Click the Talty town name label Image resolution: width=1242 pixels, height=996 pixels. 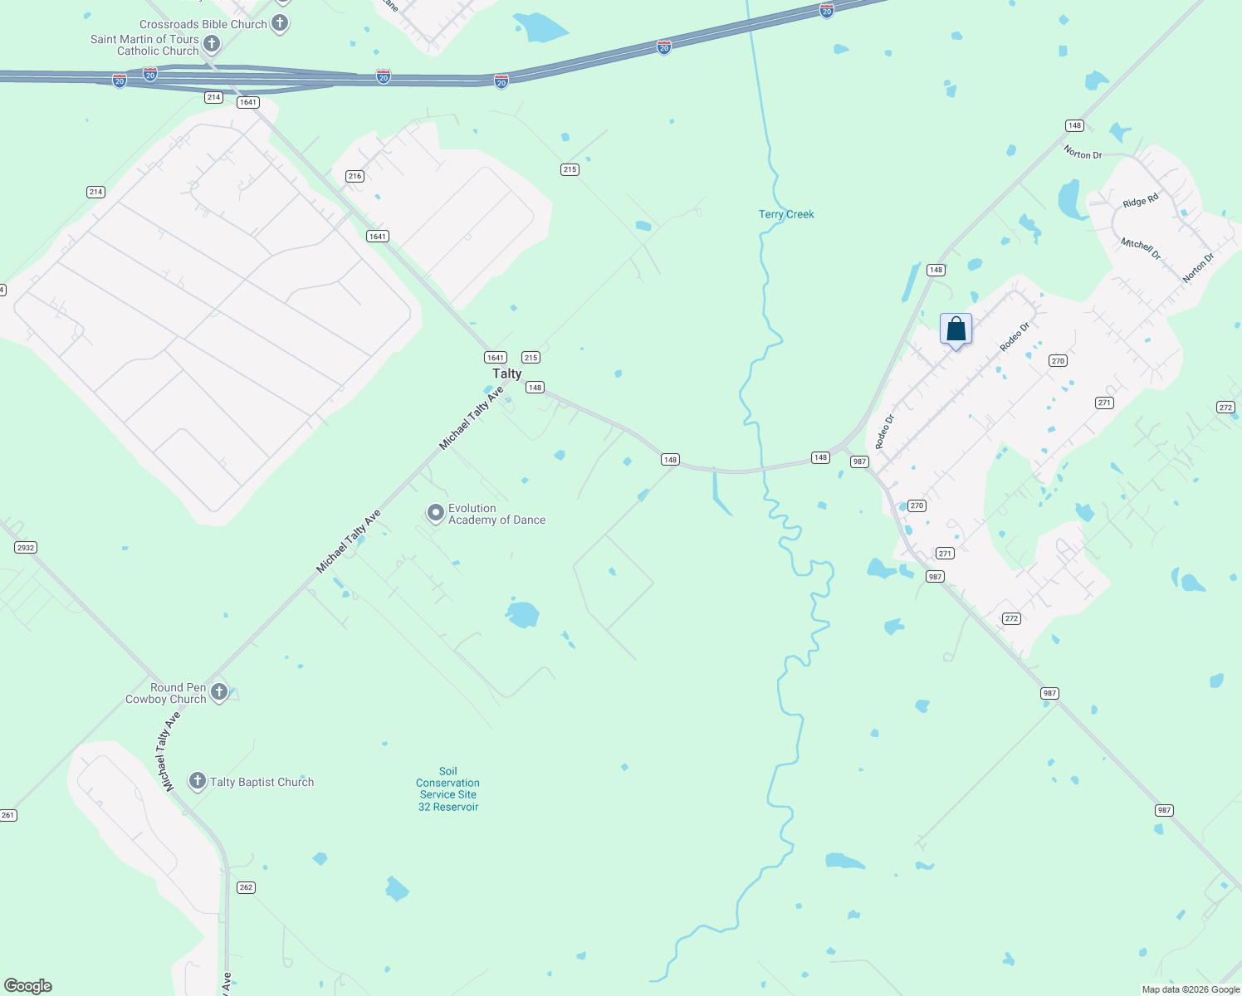pyautogui.click(x=507, y=373)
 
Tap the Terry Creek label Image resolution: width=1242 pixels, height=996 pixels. pyautogui.click(x=786, y=214)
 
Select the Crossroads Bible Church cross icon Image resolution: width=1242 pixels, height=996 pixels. pyautogui.click(x=280, y=23)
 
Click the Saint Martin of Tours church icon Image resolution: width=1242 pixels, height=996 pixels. pyautogui.click(x=212, y=44)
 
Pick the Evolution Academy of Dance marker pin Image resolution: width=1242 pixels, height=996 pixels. pyautogui.click(x=435, y=513)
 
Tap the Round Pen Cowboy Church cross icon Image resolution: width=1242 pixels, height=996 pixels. pyautogui.click(x=219, y=691)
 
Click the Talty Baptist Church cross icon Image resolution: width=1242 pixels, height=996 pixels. pyautogui.click(x=197, y=781)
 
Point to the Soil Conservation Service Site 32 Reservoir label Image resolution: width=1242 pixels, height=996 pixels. pyautogui.click(x=448, y=788)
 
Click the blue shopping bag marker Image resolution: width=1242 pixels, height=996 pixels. pyautogui.click(x=956, y=329)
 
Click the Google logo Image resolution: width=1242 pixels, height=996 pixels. pyautogui.click(x=28, y=986)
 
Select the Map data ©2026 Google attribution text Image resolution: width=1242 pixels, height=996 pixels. pyautogui.click(x=1191, y=989)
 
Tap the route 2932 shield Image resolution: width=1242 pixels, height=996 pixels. pyautogui.click(x=26, y=547)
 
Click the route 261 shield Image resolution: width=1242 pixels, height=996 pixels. pyautogui.click(x=8, y=815)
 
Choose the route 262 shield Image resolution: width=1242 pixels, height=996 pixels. pyautogui.click(x=246, y=887)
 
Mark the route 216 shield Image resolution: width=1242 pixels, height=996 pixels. pyautogui.click(x=355, y=176)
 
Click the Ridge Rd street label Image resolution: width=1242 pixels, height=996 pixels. pyautogui.click(x=1140, y=202)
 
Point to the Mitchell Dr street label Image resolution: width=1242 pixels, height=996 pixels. pyautogui.click(x=1141, y=248)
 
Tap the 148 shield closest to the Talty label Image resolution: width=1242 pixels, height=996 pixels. pyautogui.click(x=535, y=388)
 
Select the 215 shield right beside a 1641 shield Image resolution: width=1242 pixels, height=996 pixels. pyautogui.click(x=531, y=358)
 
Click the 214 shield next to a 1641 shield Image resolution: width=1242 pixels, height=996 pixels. pyautogui.click(x=213, y=97)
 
